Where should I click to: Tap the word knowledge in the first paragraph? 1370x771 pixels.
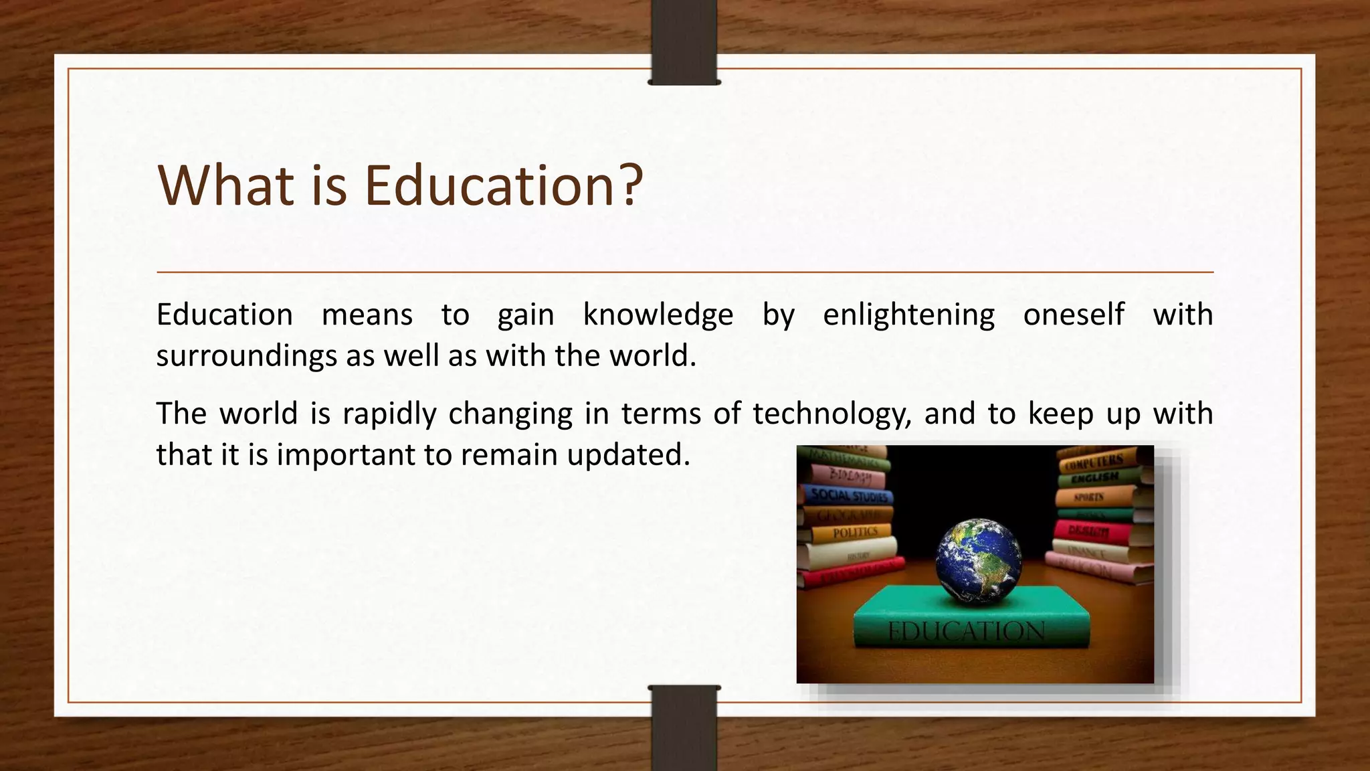[x=658, y=315]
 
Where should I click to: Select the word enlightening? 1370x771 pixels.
[x=908, y=315]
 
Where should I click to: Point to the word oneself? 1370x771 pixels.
[x=1074, y=315]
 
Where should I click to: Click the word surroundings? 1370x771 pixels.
[x=246, y=356]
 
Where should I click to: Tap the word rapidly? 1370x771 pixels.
[x=389, y=414]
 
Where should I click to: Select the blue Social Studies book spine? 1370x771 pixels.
[x=848, y=496]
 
